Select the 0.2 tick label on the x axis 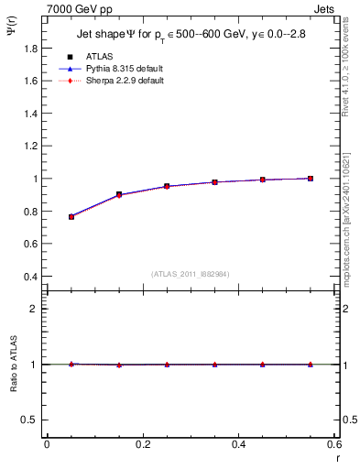[x=142, y=444]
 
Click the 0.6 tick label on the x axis [x=333, y=444]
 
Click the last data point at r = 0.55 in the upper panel [x=311, y=179]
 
